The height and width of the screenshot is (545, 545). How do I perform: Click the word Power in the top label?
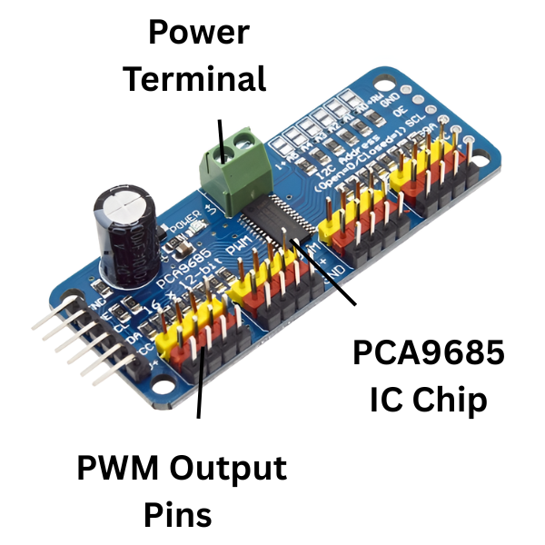(199, 34)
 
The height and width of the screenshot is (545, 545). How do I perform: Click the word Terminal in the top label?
(195, 78)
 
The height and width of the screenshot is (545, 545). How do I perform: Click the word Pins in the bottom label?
(178, 515)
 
